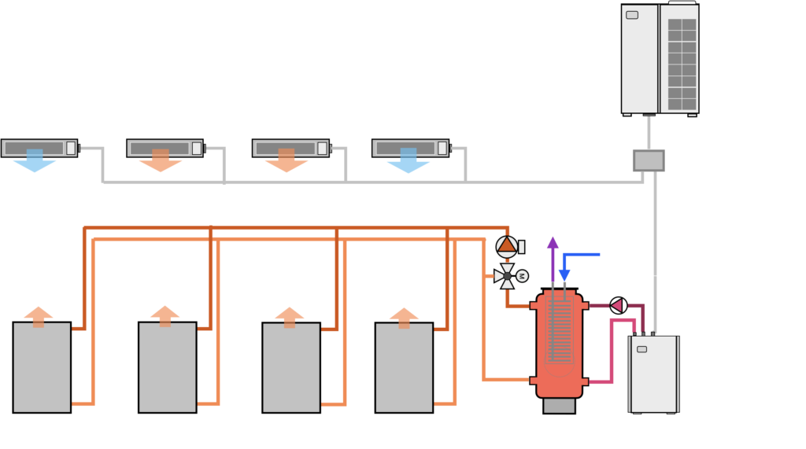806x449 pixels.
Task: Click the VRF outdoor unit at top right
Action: point(660,59)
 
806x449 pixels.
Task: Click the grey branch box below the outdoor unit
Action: point(649,160)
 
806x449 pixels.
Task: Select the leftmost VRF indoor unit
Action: point(39,148)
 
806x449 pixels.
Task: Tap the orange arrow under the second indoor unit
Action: point(161,164)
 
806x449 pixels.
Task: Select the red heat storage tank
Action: point(559,346)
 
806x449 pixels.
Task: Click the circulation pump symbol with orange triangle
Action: point(508,246)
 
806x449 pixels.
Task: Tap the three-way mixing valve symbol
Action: point(506,275)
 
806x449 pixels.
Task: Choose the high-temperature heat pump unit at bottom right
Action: point(653,374)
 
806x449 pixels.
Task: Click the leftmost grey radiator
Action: point(42,366)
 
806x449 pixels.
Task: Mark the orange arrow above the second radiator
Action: point(165,313)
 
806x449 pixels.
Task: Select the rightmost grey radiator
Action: point(404,366)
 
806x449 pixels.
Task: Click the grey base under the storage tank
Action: point(559,405)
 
